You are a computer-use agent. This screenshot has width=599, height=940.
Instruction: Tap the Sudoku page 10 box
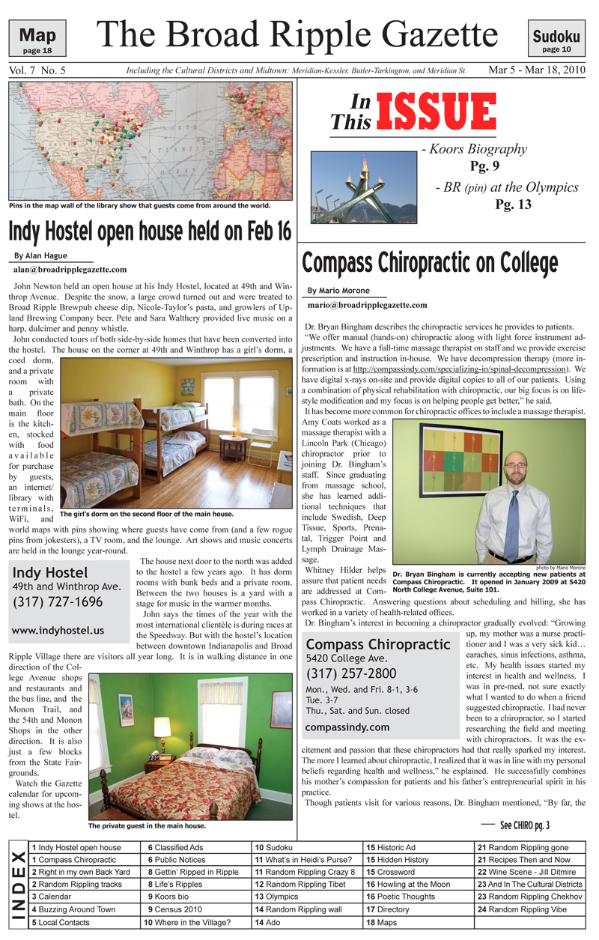coord(556,40)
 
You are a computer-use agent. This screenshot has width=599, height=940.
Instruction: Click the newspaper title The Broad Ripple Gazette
coord(297,35)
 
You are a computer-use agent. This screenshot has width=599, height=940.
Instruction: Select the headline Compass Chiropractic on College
coord(429,263)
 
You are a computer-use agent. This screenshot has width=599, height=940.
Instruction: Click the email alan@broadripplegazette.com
coord(70,269)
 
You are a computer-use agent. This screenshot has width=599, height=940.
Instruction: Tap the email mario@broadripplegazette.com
coord(367,305)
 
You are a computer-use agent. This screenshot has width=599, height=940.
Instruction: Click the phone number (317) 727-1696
coord(57,601)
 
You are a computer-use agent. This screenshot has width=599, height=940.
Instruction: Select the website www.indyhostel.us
coord(58,631)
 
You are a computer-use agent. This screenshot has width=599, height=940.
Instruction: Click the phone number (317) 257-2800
coord(351,673)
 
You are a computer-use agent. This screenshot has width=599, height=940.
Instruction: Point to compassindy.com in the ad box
coord(347,727)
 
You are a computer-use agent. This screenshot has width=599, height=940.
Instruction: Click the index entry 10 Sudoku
coord(273,847)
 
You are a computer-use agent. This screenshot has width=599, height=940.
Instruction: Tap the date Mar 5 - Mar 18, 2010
coord(537,70)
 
